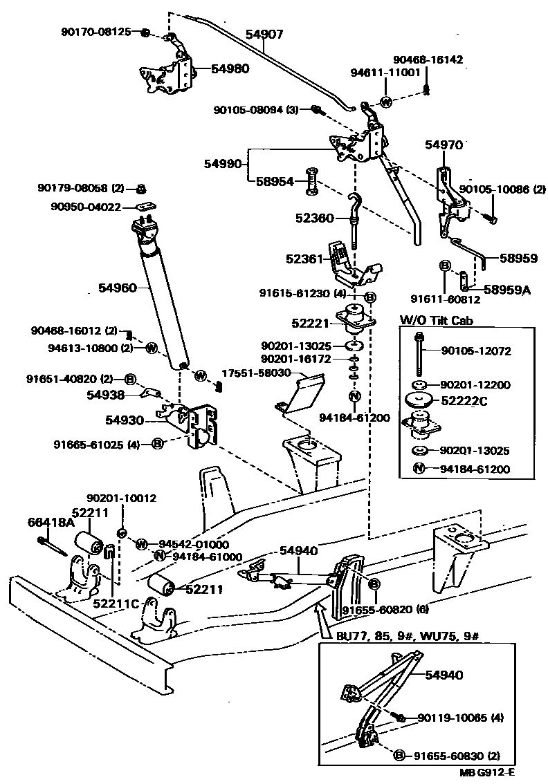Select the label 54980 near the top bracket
point(230,69)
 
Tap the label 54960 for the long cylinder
point(119,288)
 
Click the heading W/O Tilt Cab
point(433,320)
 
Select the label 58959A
point(506,290)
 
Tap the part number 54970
point(444,145)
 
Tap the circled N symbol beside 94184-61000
point(159,557)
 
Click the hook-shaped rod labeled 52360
point(355,218)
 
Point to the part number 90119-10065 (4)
point(460,718)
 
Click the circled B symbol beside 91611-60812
point(446,265)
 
